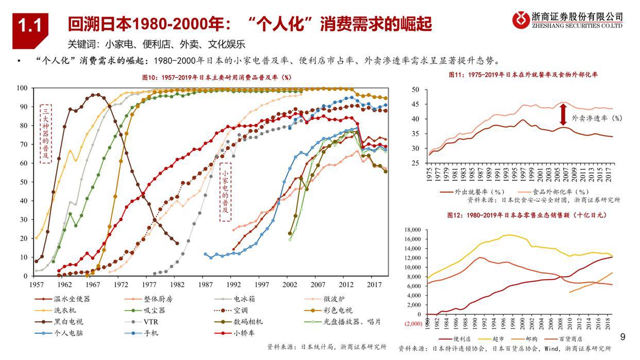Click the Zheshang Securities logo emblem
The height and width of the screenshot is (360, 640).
point(521,20)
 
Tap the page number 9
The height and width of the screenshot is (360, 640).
point(622,338)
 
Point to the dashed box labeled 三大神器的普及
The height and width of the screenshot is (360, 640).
point(46,133)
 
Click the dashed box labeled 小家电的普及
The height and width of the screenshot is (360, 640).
point(225,192)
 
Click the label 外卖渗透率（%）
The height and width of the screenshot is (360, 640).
point(596,118)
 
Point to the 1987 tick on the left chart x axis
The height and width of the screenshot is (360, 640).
point(205,284)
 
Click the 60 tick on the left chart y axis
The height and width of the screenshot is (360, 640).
point(23,163)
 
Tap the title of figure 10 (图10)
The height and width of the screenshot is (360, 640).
point(216,77)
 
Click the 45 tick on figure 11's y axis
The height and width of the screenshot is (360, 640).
point(416,105)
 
